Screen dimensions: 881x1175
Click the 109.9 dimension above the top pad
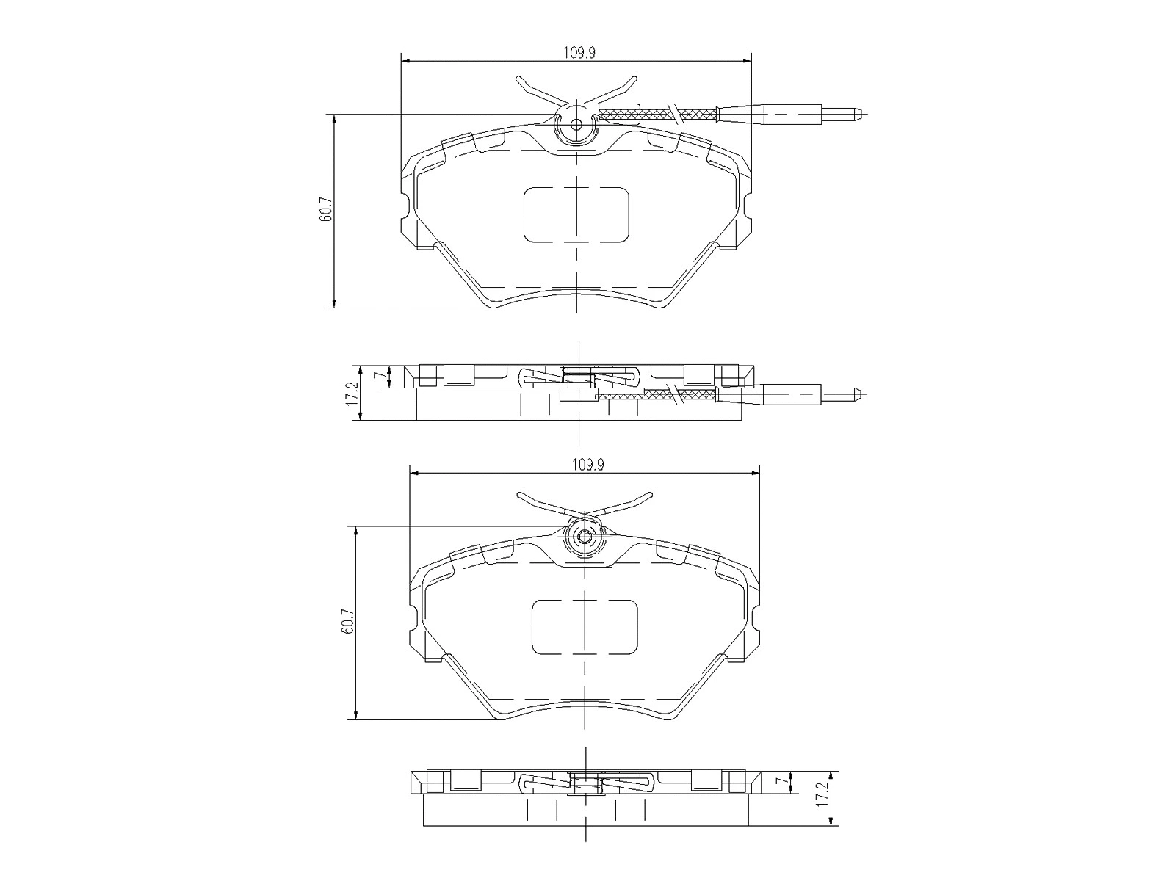pyautogui.click(x=578, y=52)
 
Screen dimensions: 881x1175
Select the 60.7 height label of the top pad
pyautogui.click(x=326, y=210)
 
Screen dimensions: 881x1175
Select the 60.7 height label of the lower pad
pyautogui.click(x=348, y=622)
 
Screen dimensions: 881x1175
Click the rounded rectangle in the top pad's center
pyautogui.click(x=576, y=214)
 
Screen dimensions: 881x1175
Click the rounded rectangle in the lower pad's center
pyautogui.click(x=585, y=626)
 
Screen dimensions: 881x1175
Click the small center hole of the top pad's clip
pyautogui.click(x=576, y=124)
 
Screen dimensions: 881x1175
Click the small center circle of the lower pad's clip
pyautogui.click(x=585, y=537)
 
